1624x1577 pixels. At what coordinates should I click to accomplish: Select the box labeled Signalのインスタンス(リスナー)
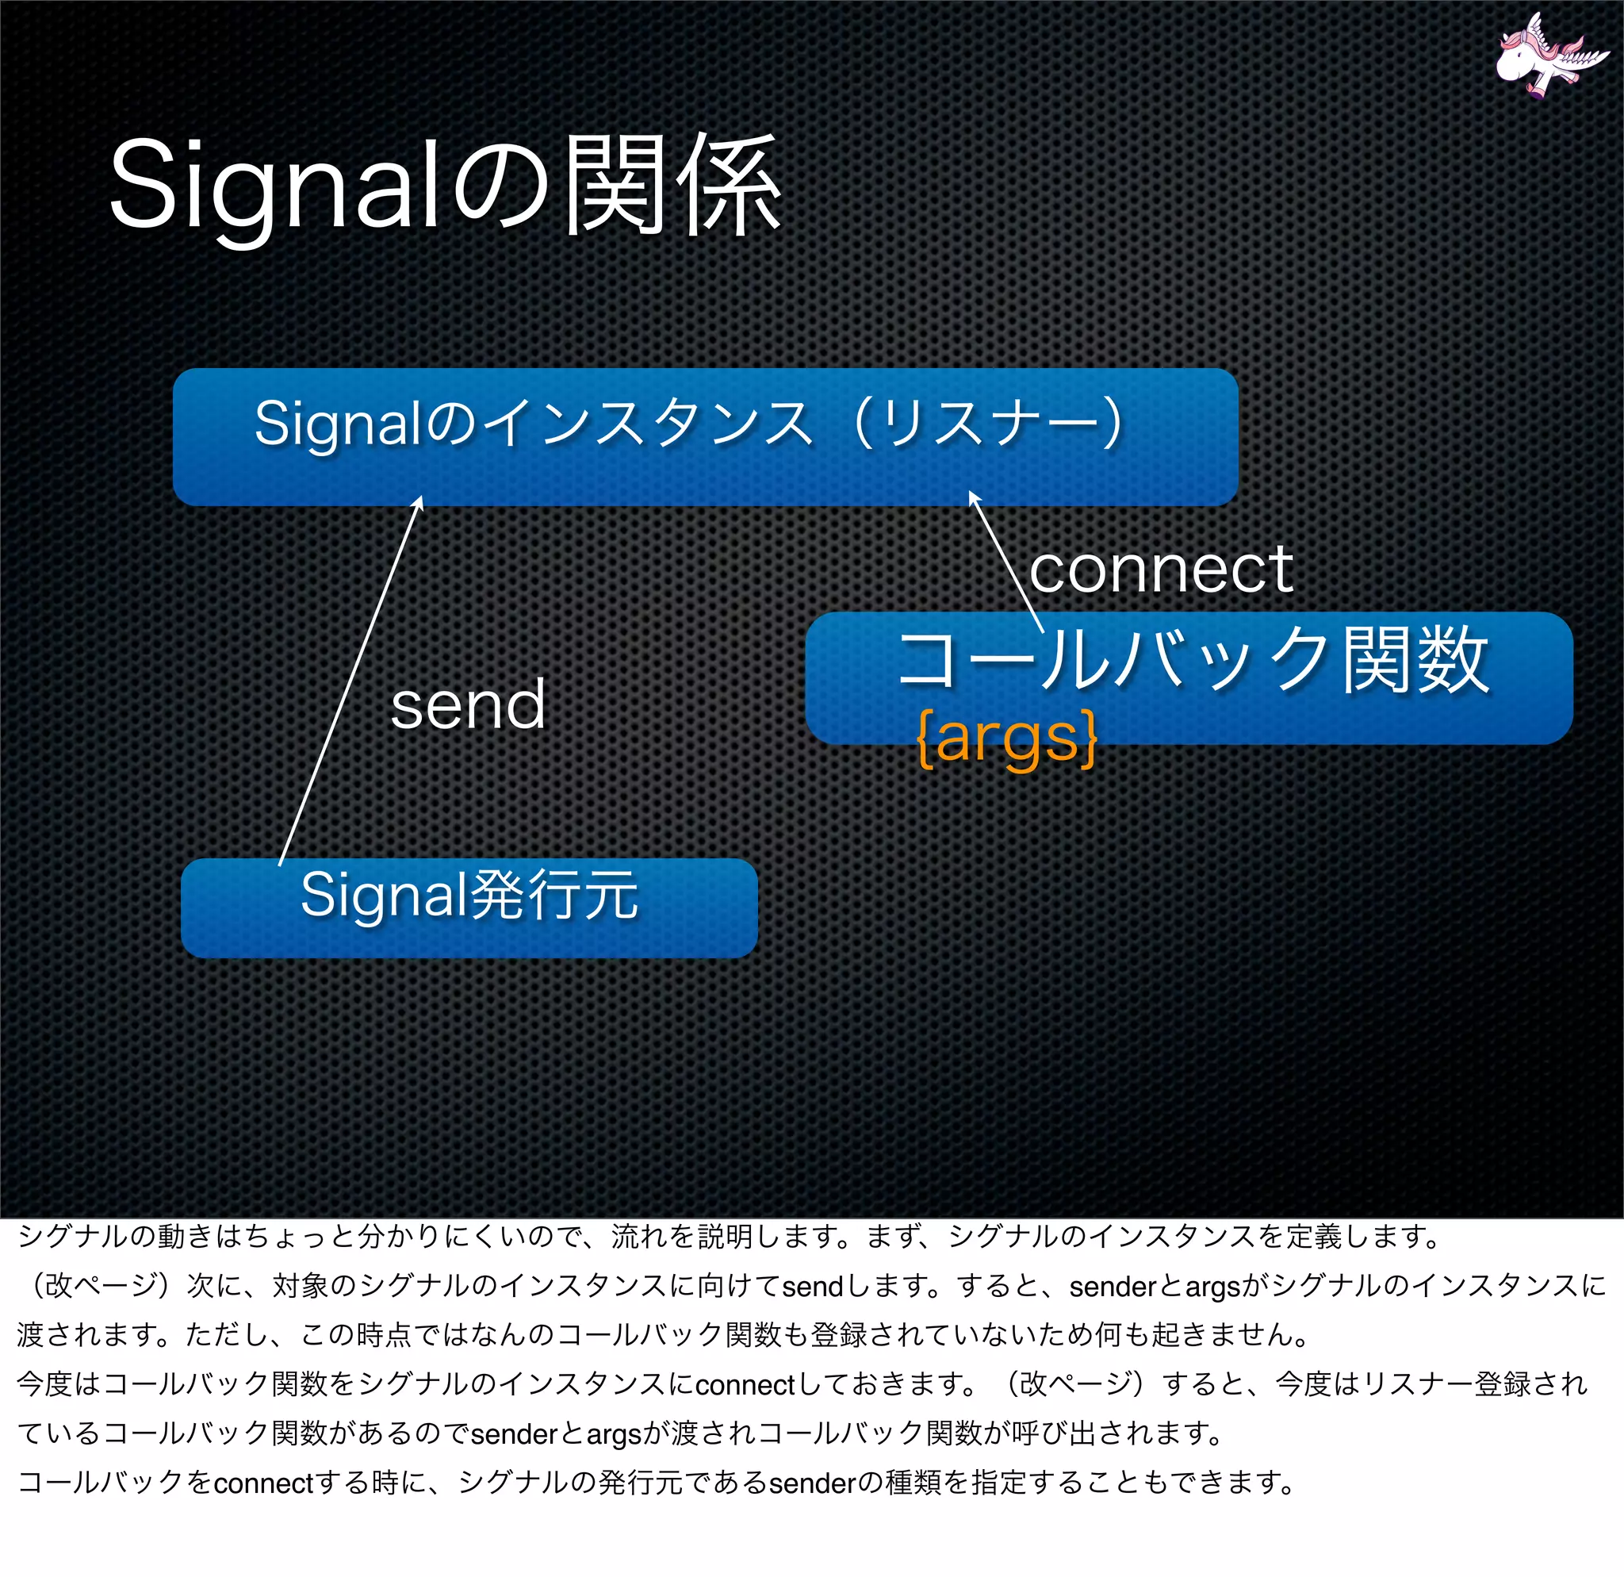click(x=704, y=437)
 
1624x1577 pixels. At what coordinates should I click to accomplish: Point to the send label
click(x=468, y=705)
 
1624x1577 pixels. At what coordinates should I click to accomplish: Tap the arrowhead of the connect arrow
click(x=973, y=497)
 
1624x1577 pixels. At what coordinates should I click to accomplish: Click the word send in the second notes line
click(x=812, y=1287)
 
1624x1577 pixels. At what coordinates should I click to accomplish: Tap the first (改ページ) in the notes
click(x=99, y=1286)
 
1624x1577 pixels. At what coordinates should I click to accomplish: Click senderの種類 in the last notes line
click(x=853, y=1483)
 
